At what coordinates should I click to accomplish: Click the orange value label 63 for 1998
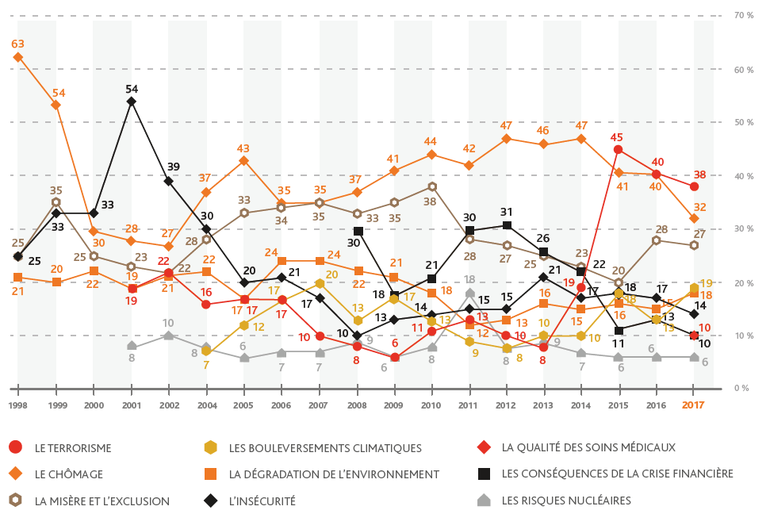17,44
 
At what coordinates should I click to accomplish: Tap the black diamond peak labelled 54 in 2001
132,102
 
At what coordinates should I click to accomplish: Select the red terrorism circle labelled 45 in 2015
618,149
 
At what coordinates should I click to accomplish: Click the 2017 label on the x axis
694,405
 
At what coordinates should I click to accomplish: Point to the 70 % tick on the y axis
743,15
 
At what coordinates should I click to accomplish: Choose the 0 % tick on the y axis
741,388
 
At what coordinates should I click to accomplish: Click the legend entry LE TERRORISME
73,447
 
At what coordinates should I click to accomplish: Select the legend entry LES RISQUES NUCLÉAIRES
566,501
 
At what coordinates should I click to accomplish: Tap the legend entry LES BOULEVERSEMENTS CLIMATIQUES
324,448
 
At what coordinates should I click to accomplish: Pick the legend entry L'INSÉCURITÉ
262,501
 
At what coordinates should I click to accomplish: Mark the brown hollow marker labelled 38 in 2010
432,186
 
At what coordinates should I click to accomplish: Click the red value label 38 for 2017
700,175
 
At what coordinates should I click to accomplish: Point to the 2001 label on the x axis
131,405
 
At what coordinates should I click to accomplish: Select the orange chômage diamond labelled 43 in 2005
244,160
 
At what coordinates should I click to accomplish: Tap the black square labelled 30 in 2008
358,231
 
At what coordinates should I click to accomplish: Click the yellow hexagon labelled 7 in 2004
206,351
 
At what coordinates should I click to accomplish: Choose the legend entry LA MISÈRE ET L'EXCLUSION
102,501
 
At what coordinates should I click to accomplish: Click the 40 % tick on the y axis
743,175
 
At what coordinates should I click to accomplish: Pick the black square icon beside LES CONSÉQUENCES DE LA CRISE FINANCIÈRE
485,474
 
